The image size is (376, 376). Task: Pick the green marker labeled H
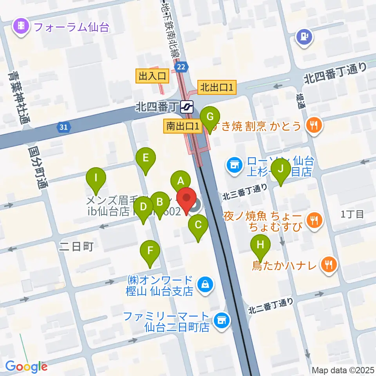coord(260,245)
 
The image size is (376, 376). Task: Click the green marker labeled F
coord(150,251)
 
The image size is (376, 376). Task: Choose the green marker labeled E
coord(146,159)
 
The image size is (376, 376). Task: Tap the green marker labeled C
coord(198,226)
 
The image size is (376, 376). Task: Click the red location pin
coord(187,199)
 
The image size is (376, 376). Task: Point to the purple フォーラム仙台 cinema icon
coord(21,27)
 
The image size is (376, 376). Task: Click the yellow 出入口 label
coord(152,76)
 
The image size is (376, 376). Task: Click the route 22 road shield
coord(181,67)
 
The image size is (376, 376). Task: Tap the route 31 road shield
coord(63,127)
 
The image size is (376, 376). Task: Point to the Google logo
coord(26,367)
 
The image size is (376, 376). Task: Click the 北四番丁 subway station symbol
coord(187,106)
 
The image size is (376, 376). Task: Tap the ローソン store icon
coord(234,165)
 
